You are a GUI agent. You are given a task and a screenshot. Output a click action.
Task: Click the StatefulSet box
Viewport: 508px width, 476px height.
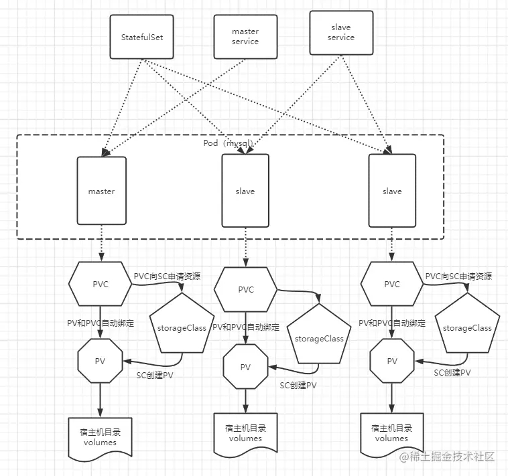coord(142,37)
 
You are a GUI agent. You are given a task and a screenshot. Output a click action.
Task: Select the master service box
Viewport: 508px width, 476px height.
coord(245,36)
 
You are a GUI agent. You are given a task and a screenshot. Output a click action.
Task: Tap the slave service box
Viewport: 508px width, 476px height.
coord(340,33)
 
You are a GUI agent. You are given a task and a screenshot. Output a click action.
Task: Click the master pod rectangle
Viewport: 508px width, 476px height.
coord(101,191)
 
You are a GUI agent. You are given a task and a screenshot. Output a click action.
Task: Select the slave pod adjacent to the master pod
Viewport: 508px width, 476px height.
coord(245,191)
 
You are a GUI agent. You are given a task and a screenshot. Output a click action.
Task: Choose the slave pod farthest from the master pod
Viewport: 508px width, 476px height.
coord(392,191)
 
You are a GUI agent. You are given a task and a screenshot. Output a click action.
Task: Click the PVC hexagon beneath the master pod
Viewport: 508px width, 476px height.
coord(100,283)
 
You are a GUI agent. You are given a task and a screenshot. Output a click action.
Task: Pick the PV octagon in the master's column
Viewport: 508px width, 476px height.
coord(100,361)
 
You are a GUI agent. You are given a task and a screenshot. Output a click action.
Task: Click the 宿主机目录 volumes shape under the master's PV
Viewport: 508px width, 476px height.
coord(100,437)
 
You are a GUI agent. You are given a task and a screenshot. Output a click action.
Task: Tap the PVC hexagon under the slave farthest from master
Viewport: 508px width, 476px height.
coord(392,283)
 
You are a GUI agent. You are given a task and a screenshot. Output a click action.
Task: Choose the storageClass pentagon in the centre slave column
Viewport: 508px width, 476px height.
coord(319,337)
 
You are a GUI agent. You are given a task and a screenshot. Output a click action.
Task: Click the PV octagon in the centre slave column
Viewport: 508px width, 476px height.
coord(245,367)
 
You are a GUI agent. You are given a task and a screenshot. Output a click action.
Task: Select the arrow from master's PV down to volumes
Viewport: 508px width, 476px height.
coord(100,399)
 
